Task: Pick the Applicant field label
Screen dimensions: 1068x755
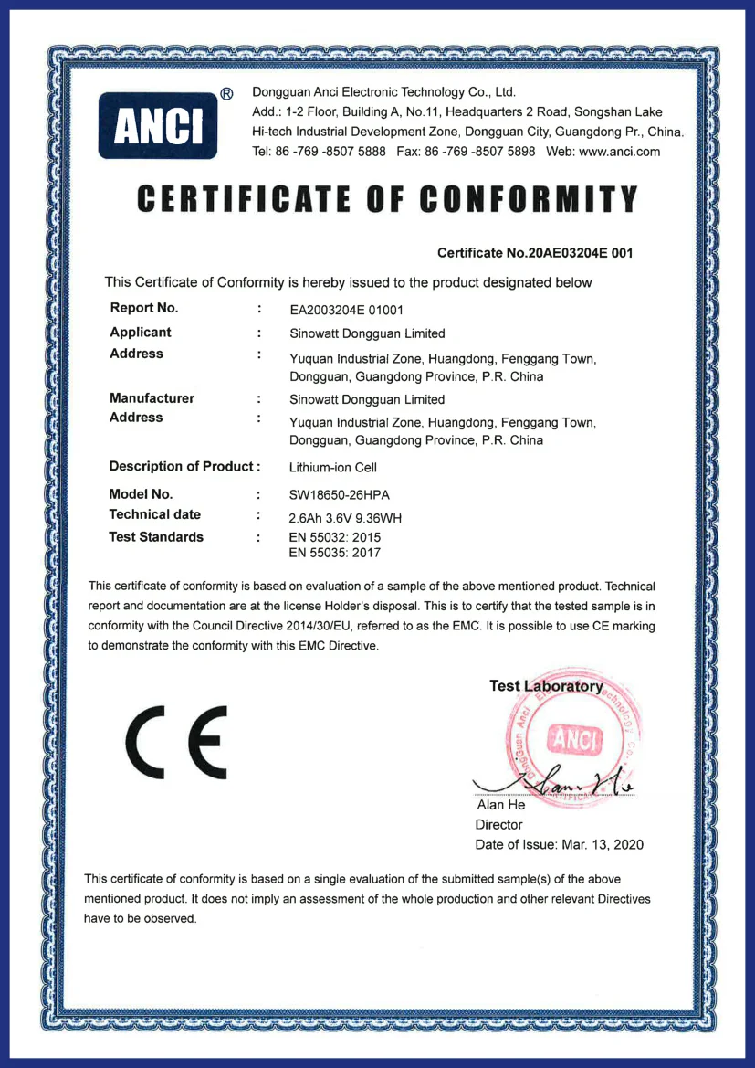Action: pyautogui.click(x=141, y=332)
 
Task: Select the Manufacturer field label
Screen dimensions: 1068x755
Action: pyautogui.click(x=152, y=398)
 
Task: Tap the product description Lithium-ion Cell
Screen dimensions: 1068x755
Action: pyautogui.click(x=327, y=467)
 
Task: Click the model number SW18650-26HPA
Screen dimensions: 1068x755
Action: pyautogui.click(x=340, y=494)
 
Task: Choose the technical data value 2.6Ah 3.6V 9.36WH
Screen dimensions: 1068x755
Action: pyautogui.click(x=352, y=518)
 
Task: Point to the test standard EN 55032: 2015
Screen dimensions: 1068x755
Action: pyautogui.click(x=335, y=537)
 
